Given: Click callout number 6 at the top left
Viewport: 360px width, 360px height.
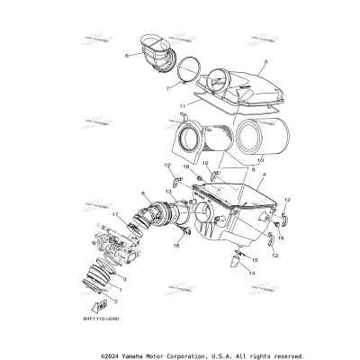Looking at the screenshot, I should coord(128,56).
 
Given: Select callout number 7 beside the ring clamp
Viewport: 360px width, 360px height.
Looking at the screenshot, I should coord(168,88).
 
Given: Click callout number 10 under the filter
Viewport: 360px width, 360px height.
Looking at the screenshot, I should coord(236,159).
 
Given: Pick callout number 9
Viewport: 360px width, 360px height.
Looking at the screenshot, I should coord(227,170).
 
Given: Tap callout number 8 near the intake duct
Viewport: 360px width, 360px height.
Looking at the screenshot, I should coord(143,193).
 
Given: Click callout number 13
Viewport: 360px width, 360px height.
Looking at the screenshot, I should coord(168,192).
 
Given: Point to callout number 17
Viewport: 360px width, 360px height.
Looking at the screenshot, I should coord(114,215).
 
